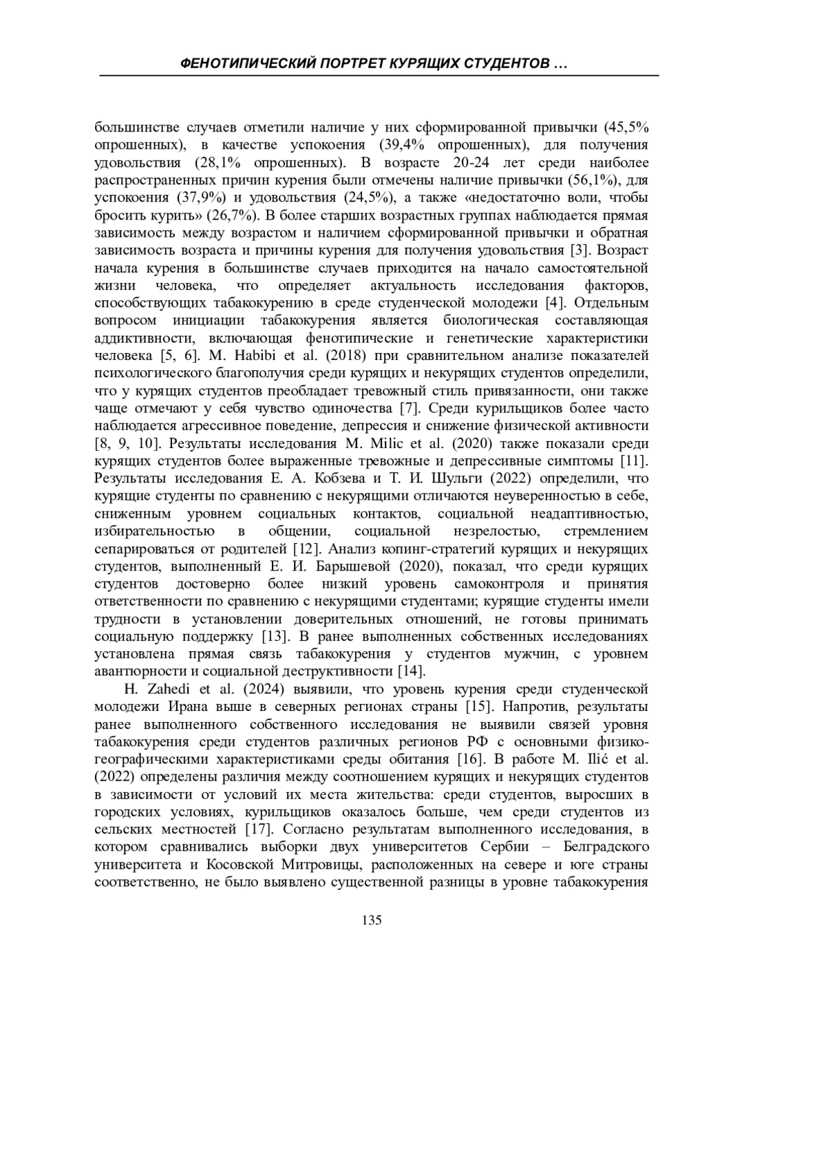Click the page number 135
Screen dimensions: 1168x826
(371, 920)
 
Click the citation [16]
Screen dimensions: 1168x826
(469, 759)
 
